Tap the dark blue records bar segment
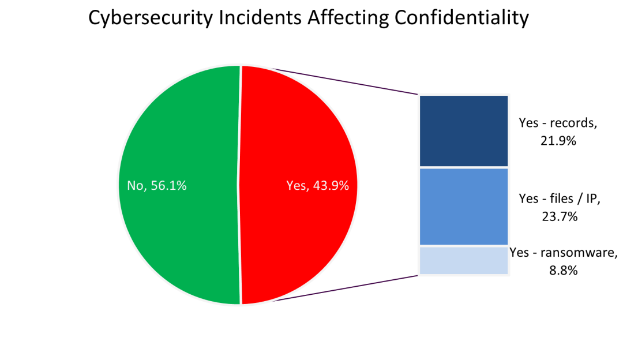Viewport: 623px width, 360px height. point(463,131)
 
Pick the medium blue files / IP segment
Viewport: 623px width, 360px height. point(463,207)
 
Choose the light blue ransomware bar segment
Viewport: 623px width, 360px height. point(463,261)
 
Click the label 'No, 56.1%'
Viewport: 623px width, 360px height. point(156,186)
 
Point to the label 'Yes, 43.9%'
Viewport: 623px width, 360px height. point(317,186)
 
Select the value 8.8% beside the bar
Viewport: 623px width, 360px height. point(564,270)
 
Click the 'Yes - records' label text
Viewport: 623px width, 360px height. point(557,123)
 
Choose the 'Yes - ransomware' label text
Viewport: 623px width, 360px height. point(564,253)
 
